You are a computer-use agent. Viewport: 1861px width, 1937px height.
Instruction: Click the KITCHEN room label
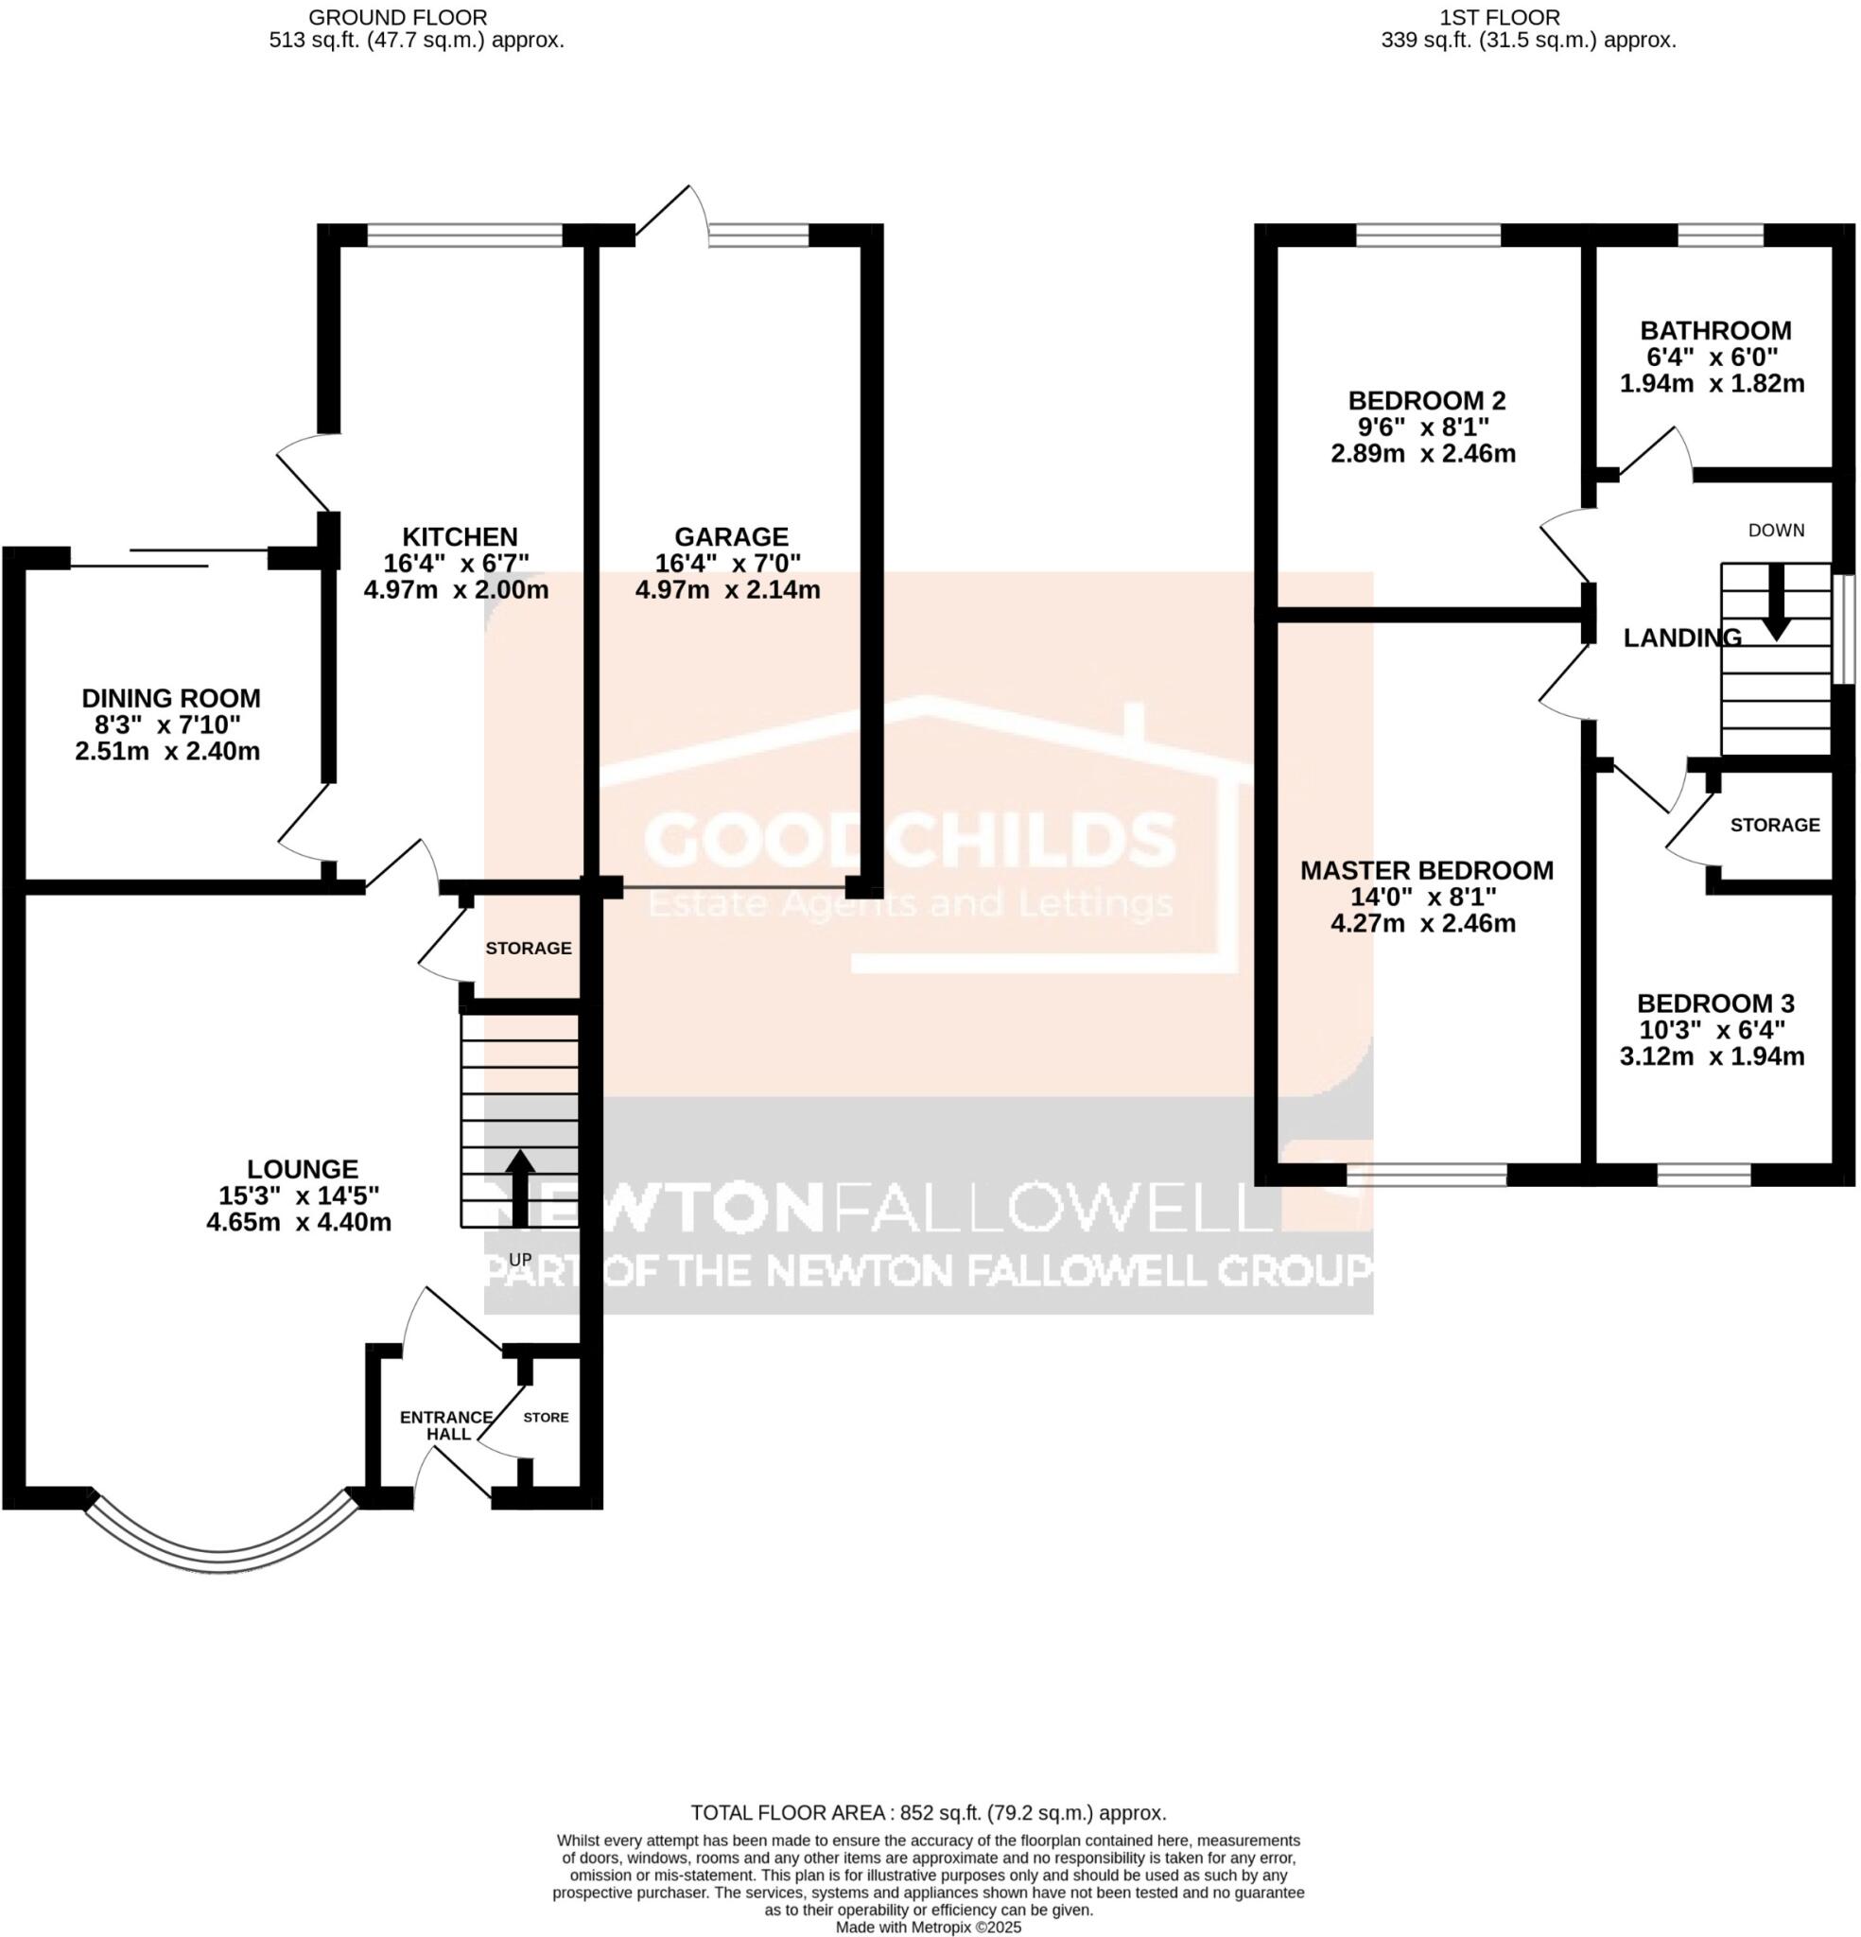tap(460, 536)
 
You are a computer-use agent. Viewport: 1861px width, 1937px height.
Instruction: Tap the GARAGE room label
tap(731, 536)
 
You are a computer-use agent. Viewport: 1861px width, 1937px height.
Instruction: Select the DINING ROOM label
tap(171, 698)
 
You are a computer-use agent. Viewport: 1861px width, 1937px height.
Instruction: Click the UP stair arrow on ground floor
tap(519, 1186)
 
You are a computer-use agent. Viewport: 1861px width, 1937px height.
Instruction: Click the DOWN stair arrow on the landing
tap(1776, 602)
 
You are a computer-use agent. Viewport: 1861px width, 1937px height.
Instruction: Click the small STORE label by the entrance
tap(546, 1417)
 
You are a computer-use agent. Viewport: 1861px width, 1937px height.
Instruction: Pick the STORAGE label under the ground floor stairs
tap(528, 948)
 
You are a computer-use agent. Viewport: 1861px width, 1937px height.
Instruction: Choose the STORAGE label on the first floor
tap(1775, 824)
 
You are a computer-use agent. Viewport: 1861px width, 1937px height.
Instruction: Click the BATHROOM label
tap(1715, 330)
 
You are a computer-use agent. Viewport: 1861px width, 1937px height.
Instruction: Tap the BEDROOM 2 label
tap(1427, 400)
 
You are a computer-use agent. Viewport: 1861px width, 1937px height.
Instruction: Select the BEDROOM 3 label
tap(1715, 1003)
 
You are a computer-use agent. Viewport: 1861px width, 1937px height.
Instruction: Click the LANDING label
tap(1682, 638)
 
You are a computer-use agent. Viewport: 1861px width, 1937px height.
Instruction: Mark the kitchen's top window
tap(464, 236)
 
